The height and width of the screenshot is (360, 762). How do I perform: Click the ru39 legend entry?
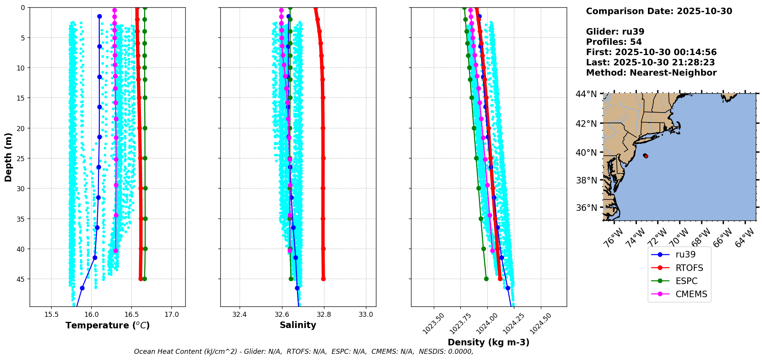pyautogui.click(x=685, y=255)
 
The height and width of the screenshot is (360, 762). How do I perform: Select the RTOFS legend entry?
pyautogui.click(x=689, y=268)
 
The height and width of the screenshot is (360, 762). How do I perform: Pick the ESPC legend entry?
pyautogui.click(x=686, y=281)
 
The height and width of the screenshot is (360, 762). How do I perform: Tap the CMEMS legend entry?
pyautogui.click(x=691, y=294)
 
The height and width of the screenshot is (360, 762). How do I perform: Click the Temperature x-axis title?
pyautogui.click(x=107, y=325)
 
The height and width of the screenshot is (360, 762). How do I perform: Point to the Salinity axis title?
pyautogui.click(x=298, y=325)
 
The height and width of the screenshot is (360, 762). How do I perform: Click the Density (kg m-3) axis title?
pyautogui.click(x=488, y=342)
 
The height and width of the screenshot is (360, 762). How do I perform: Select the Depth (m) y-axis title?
pyautogui.click(x=8, y=157)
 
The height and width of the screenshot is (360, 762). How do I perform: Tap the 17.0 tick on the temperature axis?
pyautogui.click(x=171, y=315)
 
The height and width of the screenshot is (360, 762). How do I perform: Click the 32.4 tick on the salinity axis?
pyautogui.click(x=239, y=315)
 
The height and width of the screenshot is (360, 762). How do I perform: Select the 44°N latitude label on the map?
pyautogui.click(x=586, y=94)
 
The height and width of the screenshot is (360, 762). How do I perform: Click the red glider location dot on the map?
pyautogui.click(x=646, y=156)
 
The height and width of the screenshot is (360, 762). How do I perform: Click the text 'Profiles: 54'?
pyautogui.click(x=614, y=42)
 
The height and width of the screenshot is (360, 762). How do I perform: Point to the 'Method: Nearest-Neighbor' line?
pyautogui.click(x=651, y=73)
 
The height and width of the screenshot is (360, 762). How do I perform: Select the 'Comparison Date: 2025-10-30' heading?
pyautogui.click(x=659, y=11)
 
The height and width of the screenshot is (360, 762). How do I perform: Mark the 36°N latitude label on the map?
pyautogui.click(x=586, y=208)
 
